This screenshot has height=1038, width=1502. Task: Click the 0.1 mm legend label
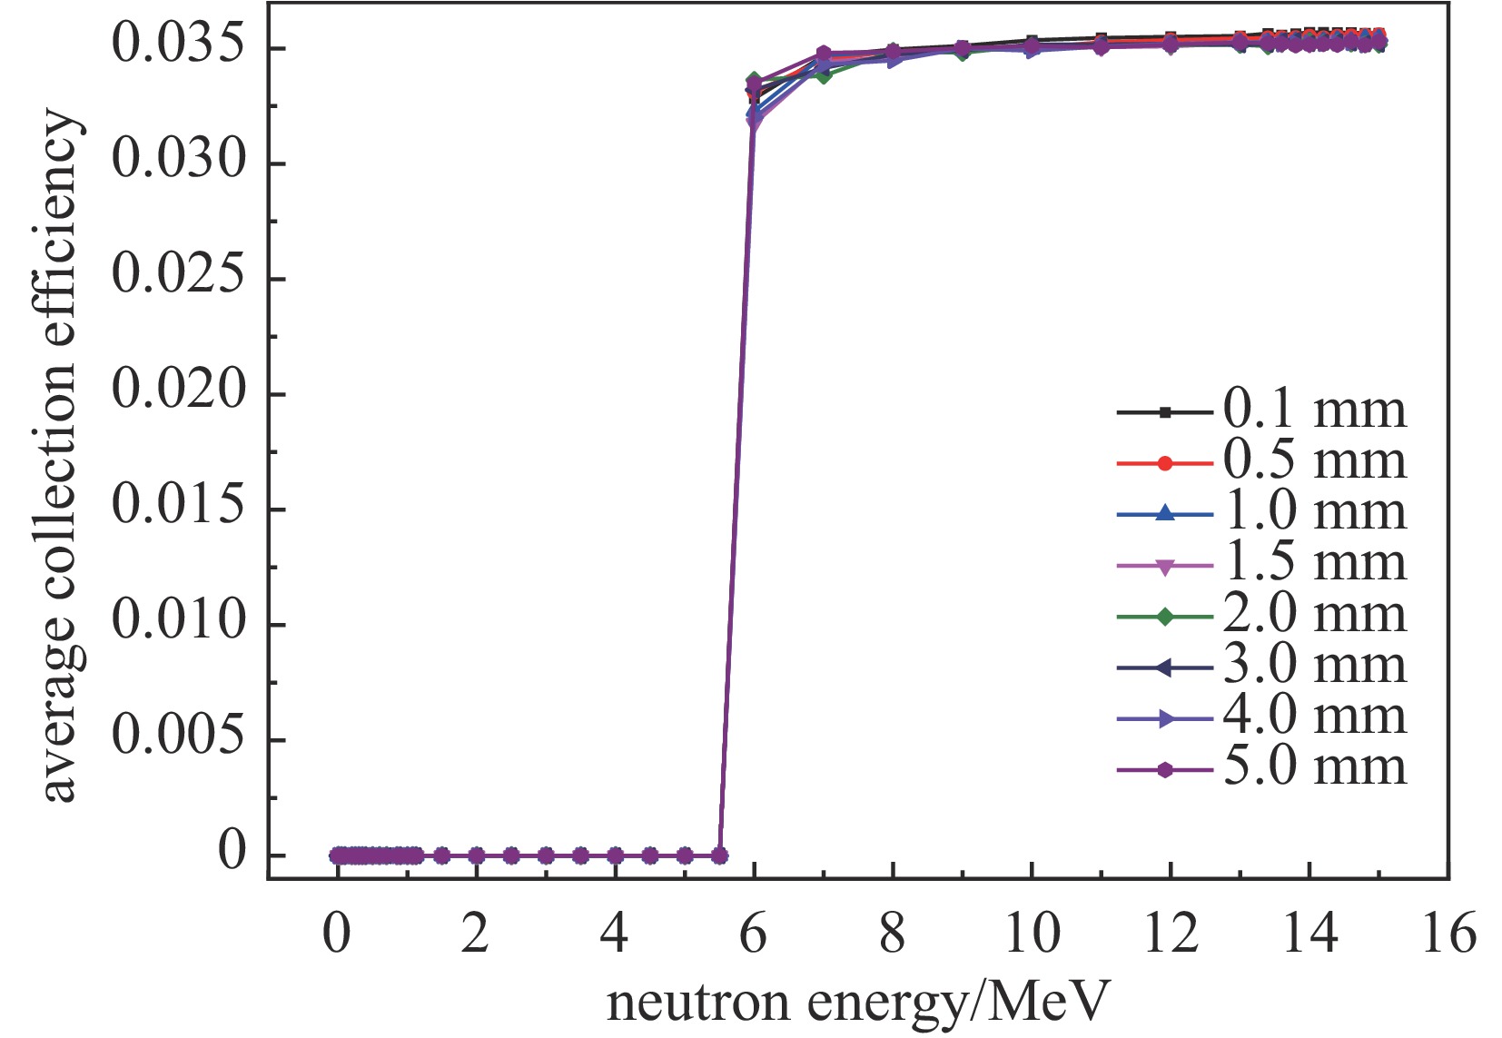coord(1314,410)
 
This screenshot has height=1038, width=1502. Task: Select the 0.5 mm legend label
coord(1314,462)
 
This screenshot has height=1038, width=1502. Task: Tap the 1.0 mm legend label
coord(1314,513)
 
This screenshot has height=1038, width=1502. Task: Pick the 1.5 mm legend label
coord(1314,564)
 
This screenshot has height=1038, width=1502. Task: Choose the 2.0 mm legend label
coord(1314,616)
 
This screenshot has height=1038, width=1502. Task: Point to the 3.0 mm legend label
coord(1314,667)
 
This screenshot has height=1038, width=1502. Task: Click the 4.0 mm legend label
coord(1314,717)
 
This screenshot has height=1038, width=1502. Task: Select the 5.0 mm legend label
coord(1314,768)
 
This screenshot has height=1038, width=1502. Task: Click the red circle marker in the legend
coord(1165,463)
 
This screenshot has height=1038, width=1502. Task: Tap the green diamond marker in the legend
coord(1165,617)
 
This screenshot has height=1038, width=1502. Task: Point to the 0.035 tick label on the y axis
coord(179,47)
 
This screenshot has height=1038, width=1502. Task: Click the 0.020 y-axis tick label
coord(179,393)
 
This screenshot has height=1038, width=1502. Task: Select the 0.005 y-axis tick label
coord(179,738)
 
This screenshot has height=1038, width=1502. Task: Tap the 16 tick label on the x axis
coord(1448,934)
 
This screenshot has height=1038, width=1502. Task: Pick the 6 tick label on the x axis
coord(754,934)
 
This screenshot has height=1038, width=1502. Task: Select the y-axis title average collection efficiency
coord(60,457)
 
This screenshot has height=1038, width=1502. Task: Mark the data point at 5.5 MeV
coord(719,855)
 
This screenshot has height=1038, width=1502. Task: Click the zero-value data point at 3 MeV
coord(546,855)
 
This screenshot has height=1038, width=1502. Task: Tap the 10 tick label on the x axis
coord(1032,934)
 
